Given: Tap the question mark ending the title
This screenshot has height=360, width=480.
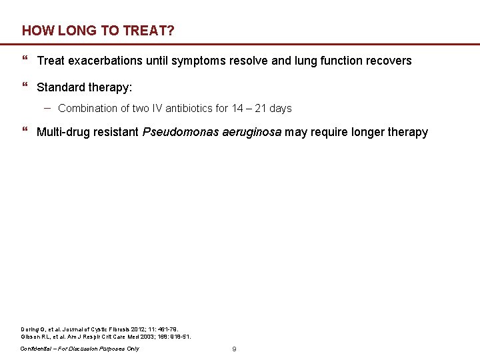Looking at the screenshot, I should coord(172,31).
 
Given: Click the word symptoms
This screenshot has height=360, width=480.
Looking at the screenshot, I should coord(195,61).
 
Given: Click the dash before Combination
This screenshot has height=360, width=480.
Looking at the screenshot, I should coord(49,107).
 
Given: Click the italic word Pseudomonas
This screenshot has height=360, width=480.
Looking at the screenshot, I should coord(177,132).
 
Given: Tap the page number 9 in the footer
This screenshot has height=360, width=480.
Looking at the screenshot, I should coord(234,349).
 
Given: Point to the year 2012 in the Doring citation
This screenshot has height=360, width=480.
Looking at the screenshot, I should coord(140,330).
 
